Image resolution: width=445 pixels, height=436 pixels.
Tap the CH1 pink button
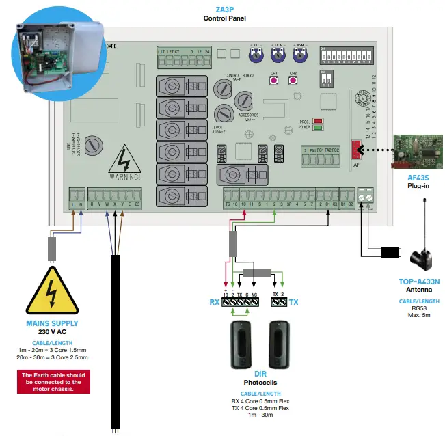tap(274, 81)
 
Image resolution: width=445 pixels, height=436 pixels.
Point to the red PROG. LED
tap(318, 121)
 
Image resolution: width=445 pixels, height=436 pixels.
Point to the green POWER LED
tap(318, 128)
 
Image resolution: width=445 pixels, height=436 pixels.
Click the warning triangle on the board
tap(124, 164)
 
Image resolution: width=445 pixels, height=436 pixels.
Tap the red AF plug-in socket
tap(355, 150)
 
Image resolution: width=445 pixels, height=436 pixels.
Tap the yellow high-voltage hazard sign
tap(52, 292)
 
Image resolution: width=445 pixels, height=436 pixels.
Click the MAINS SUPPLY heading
tap(52, 323)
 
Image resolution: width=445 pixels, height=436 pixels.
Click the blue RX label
tap(215, 302)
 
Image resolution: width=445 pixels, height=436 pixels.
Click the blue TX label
tap(293, 302)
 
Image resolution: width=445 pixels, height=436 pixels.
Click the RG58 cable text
tap(419, 307)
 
